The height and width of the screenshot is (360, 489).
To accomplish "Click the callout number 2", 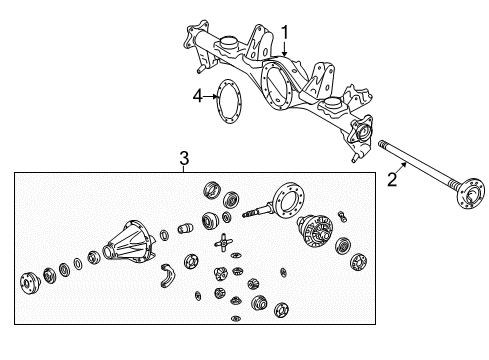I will coord(392,180).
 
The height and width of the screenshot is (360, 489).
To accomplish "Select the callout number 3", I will coord(183,157).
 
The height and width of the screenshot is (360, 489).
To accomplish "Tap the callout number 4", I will coord(197,96).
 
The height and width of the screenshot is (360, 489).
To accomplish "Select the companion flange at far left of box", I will coord(26,282).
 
